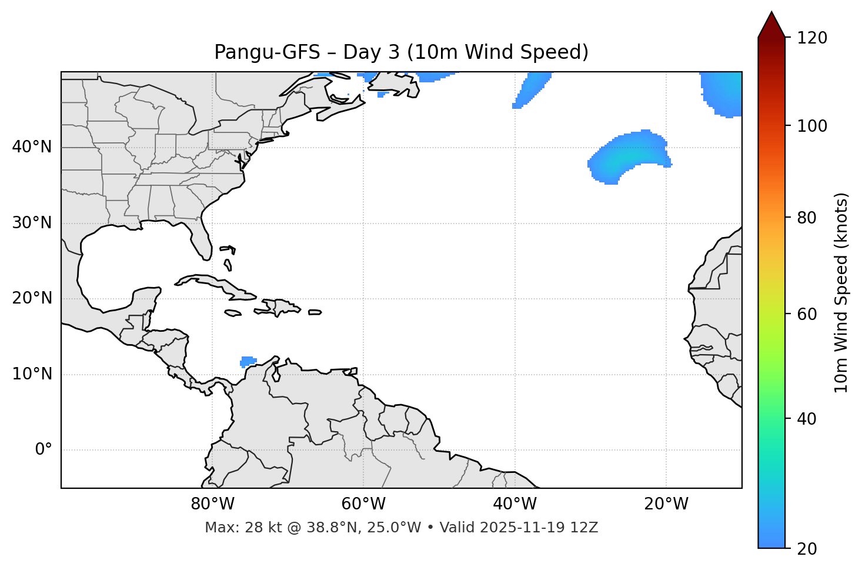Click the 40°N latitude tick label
32,147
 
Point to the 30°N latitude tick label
32,223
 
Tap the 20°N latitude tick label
32,298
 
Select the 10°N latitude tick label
32,374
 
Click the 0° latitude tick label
43,450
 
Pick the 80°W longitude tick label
212,504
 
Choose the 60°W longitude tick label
363,504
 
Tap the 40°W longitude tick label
514,504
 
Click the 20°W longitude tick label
666,504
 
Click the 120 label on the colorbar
812,38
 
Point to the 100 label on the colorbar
812,126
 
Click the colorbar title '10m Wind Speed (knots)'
841,292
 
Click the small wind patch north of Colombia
248,361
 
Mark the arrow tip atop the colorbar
771,13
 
